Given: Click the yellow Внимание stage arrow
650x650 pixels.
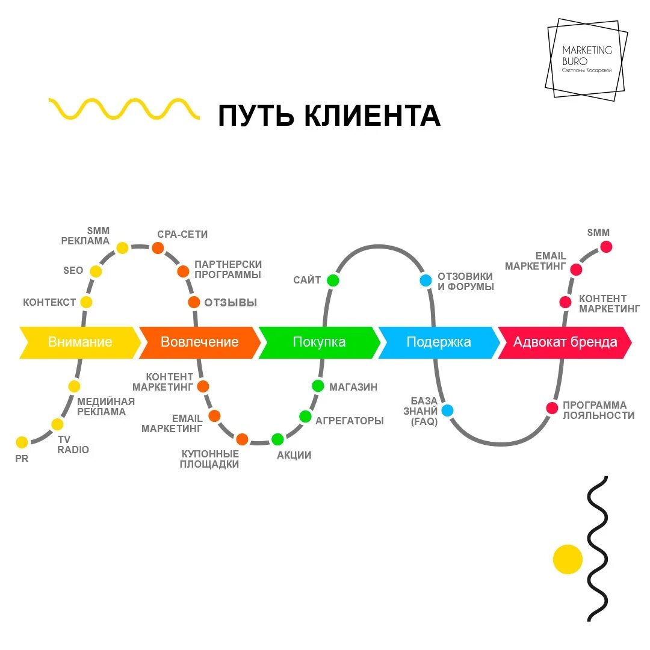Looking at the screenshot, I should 79,342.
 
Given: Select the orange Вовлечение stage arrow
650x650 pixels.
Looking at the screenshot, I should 199,342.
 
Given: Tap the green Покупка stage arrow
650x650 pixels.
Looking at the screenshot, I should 319,342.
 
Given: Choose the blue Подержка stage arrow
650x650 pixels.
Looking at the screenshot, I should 439,342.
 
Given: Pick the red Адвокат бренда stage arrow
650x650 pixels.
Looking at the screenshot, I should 565,342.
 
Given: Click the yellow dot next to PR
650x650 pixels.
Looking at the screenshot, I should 22,442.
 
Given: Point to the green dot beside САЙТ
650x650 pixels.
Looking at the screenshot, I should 333,280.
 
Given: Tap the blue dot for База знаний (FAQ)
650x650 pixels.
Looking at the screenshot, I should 447,410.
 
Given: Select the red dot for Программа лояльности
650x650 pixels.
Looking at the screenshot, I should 552,408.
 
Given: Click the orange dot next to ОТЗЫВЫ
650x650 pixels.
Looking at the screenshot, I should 194,302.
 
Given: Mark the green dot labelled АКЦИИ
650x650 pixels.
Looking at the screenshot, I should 277,439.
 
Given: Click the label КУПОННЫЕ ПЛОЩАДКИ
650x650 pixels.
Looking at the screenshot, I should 210,459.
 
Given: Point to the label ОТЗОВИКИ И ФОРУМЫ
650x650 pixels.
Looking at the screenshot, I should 466,282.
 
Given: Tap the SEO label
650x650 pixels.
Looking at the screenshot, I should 73,271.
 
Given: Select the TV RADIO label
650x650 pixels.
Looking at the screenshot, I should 73,445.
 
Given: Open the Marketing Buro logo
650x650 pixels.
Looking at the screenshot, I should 586,60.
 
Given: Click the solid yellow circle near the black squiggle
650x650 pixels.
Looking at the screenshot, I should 568,559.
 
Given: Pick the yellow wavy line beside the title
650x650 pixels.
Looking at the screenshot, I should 124,109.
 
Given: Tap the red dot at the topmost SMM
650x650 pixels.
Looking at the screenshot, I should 606,246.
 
